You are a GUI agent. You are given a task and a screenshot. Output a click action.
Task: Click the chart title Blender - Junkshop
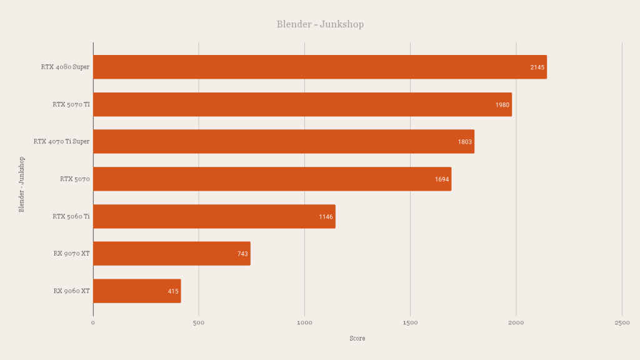pos(320,24)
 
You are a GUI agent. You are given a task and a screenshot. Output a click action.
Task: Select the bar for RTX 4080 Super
pos(319,67)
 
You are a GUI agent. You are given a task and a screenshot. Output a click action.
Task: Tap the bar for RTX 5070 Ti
pos(302,104)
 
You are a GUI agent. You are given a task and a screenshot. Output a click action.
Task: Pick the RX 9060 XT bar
pos(136,291)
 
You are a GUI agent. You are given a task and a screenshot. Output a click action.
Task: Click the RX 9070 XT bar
pos(171,254)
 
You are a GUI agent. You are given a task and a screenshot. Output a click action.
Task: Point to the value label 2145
pos(537,67)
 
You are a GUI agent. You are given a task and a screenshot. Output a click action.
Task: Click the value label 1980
pos(502,105)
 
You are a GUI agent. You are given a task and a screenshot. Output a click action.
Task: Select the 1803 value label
pos(465,142)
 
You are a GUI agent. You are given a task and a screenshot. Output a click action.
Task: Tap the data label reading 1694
pos(442,179)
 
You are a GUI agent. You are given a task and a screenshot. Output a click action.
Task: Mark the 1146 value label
pos(326,217)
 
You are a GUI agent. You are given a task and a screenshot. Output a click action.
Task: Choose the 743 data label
pos(242,254)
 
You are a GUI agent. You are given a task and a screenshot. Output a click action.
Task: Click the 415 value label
pos(173,291)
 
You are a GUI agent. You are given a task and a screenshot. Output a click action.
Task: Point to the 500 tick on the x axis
pos(199,322)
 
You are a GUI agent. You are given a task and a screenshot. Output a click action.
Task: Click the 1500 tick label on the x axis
pos(410,322)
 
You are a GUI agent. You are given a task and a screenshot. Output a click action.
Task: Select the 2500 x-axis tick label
pos(622,322)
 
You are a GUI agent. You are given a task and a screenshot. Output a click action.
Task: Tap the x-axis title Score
pos(357,339)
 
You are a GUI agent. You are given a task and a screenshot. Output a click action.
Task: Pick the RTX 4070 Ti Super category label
pos(61,142)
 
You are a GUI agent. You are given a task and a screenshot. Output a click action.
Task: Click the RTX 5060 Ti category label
pos(71,217)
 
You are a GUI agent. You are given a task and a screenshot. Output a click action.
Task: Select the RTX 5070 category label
pos(75,179)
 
